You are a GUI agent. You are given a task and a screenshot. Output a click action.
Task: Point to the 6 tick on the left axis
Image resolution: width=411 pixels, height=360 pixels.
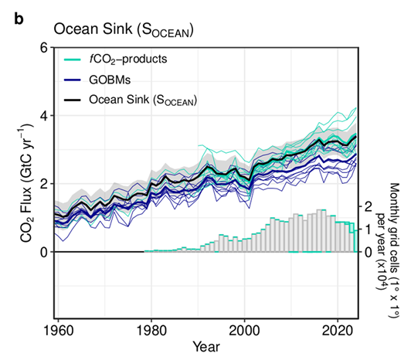[x=43, y=48]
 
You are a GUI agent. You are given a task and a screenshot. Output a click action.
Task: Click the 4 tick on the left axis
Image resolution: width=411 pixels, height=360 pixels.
[x=43, y=116]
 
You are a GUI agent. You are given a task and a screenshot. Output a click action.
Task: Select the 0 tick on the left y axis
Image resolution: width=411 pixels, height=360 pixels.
[x=43, y=252]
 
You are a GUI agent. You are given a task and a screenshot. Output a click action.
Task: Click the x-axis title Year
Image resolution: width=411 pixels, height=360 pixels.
[x=205, y=345]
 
